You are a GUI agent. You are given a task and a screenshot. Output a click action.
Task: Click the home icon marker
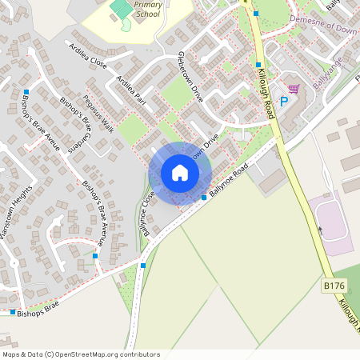pyautogui.click(x=180, y=173)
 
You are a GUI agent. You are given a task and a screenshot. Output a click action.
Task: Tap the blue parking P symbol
pyautogui.click(x=283, y=102)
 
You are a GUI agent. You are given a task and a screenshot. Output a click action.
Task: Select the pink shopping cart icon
pyautogui.click(x=294, y=89)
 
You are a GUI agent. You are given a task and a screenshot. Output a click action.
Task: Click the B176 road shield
pyautogui.click(x=334, y=285)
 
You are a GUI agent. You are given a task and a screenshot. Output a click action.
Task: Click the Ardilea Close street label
pyautogui.click(x=88, y=52)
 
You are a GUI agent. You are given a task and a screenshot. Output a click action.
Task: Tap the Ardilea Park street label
pyautogui.click(x=132, y=90)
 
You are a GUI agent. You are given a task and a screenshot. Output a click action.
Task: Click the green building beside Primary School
pyautogui.click(x=121, y=9)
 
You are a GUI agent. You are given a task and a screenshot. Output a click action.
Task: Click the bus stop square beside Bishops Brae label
pyautogui.click(x=14, y=311)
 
